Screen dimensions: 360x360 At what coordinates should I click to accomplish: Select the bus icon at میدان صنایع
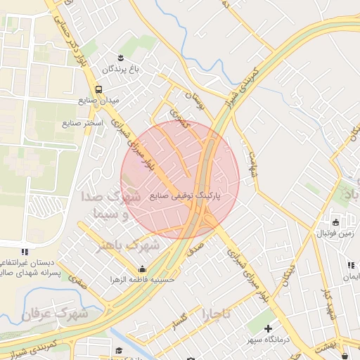pyautogui.click(x=98, y=89)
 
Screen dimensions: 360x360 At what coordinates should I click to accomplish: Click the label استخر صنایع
pyautogui.click(x=82, y=124)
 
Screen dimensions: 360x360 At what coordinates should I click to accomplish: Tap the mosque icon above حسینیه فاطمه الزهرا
pyautogui.click(x=143, y=269)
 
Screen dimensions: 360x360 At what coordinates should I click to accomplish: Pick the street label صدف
pyautogui.click(x=195, y=242)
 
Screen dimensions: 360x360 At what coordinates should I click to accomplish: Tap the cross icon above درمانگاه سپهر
pyautogui.click(x=269, y=328)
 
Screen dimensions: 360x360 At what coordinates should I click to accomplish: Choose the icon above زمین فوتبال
pyautogui.click(x=335, y=223)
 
